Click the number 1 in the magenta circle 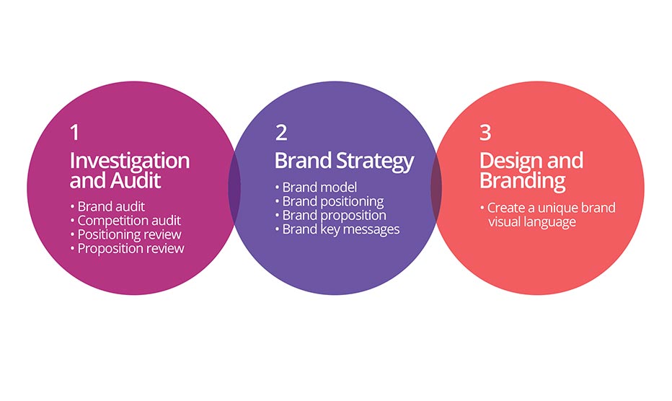click(74, 133)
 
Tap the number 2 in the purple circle click(281, 133)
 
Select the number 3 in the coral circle click(485, 133)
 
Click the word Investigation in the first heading click(130, 162)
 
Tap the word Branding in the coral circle click(522, 181)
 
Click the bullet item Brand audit click(107, 207)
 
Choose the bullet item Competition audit click(125, 221)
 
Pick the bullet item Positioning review click(125, 234)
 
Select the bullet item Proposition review click(128, 248)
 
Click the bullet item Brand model click(316, 188)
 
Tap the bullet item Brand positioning click(330, 201)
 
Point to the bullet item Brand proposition click(331, 216)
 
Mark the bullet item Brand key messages click(337, 229)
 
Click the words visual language click(532, 222)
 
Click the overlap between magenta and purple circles click(234, 188)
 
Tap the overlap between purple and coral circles click(436, 188)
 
